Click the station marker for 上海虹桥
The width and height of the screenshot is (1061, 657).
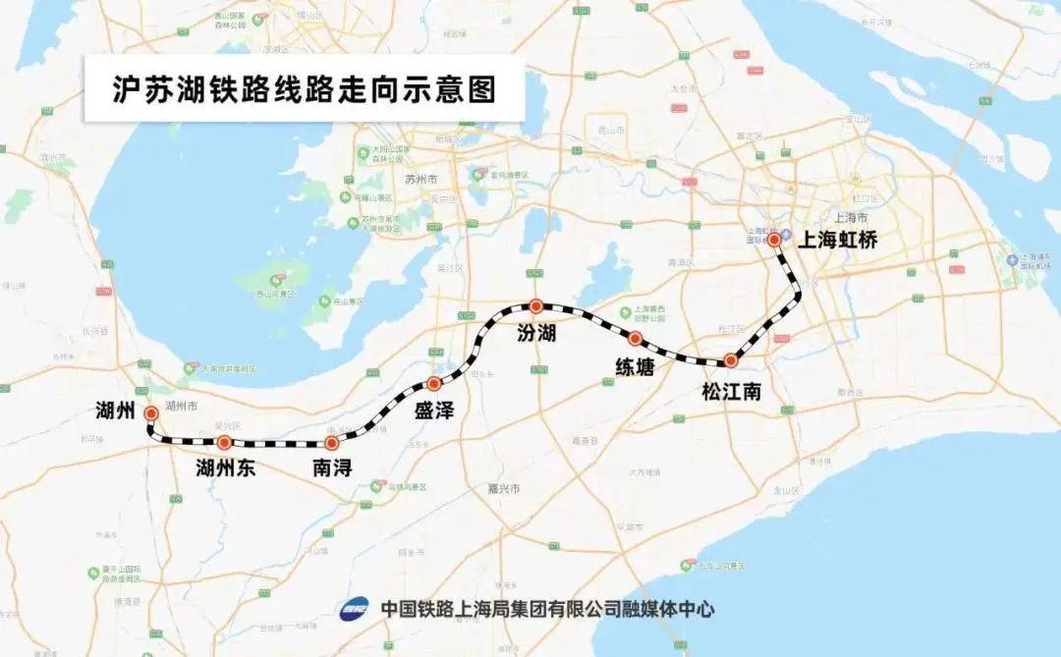pyautogui.click(x=774, y=239)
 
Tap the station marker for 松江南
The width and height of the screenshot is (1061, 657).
pyautogui.click(x=730, y=360)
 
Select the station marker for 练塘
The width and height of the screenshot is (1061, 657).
pyautogui.click(x=635, y=339)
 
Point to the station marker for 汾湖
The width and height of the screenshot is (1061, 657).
pyautogui.click(x=535, y=306)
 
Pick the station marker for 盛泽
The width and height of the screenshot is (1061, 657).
pyautogui.click(x=433, y=383)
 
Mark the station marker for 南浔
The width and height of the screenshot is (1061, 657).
pyautogui.click(x=331, y=443)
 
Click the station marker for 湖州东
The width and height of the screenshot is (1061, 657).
pyautogui.click(x=224, y=443)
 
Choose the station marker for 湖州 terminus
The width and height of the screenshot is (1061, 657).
pyautogui.click(x=151, y=413)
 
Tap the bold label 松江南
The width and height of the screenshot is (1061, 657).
pyautogui.click(x=732, y=391)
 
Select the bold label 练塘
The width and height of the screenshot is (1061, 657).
pyautogui.click(x=636, y=367)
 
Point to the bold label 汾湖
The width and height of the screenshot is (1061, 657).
pyautogui.click(x=536, y=334)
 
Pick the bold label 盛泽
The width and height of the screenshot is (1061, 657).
pyautogui.click(x=433, y=411)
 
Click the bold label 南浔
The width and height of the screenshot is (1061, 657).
pyautogui.click(x=332, y=468)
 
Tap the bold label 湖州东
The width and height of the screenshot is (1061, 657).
pyautogui.click(x=225, y=468)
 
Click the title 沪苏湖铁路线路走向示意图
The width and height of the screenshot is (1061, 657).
pyautogui.click(x=304, y=94)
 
